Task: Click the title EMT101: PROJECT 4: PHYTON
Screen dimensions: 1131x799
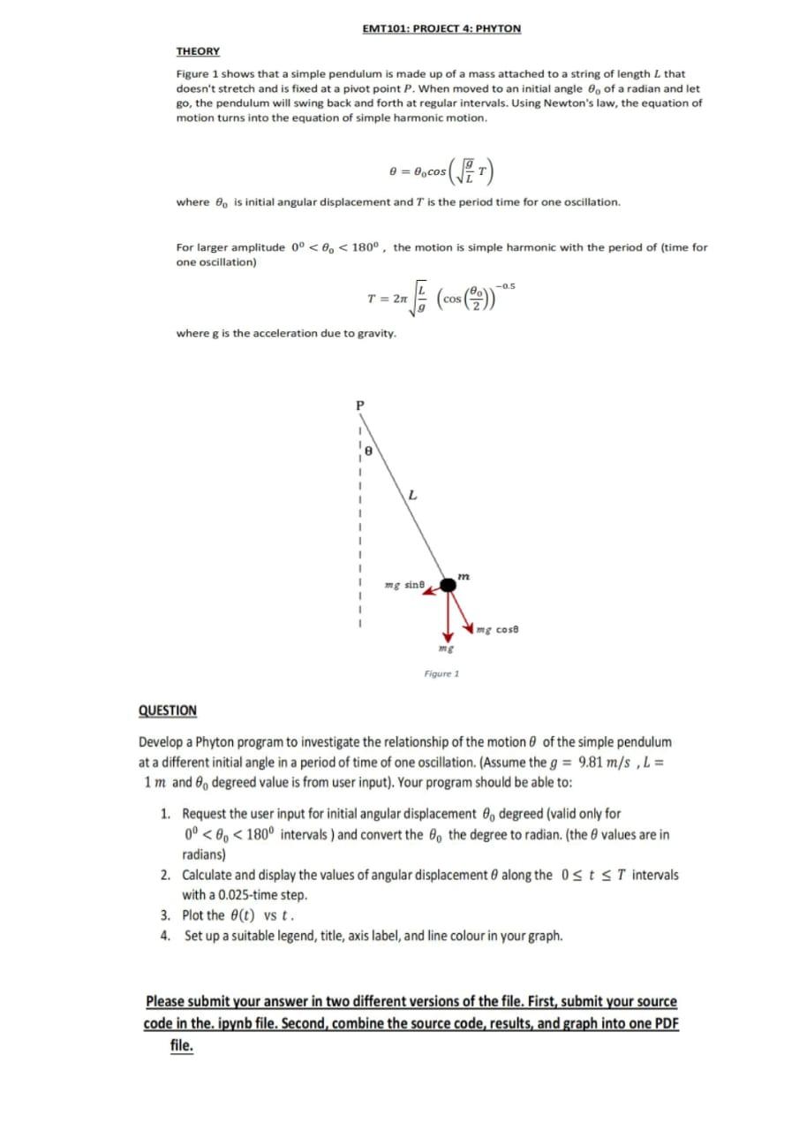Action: click(441, 28)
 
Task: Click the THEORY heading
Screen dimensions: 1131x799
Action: click(198, 51)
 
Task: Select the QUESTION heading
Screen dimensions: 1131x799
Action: click(168, 710)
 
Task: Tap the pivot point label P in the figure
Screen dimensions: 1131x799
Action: click(358, 406)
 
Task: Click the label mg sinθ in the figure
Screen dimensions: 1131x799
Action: click(405, 584)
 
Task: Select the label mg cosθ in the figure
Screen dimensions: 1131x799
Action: click(496, 629)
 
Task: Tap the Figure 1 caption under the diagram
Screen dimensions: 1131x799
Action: click(441, 673)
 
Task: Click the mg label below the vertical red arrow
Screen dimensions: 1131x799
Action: click(447, 647)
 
